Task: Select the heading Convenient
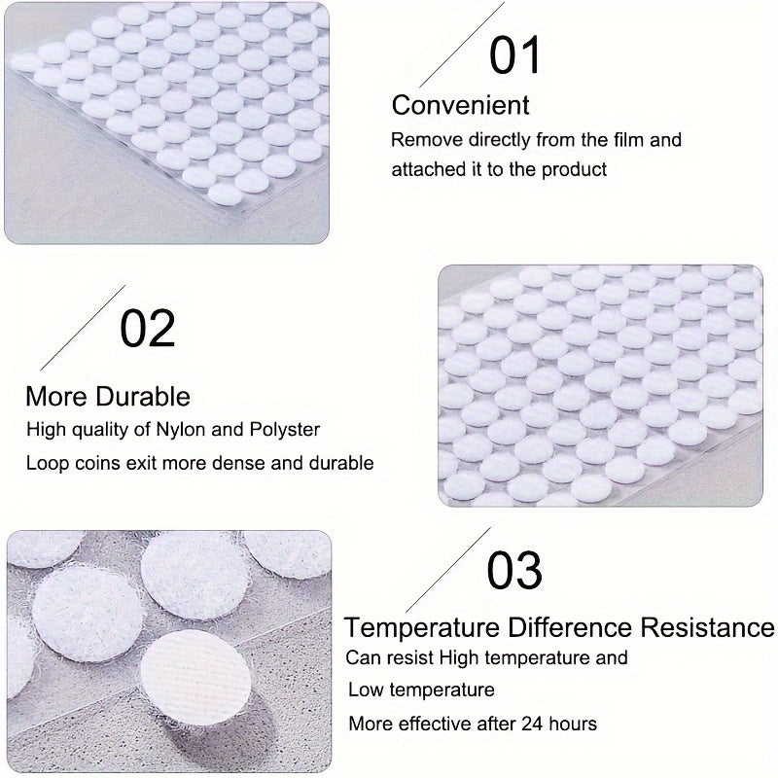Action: pos(460,105)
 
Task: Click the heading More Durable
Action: pos(107,396)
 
